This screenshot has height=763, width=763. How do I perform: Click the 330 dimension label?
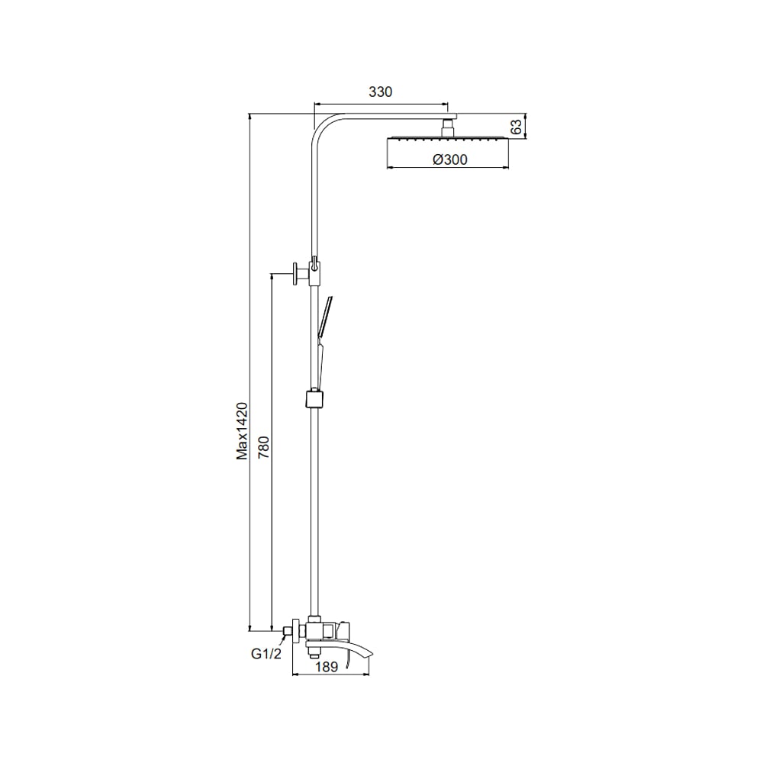pos(380,92)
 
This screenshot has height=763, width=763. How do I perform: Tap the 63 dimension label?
pos(517,127)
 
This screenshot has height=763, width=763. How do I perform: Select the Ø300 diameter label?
pos(450,159)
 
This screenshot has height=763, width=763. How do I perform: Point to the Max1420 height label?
pos(242,430)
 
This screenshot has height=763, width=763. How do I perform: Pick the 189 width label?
pos(327,667)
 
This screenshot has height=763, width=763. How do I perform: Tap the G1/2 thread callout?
pos(266,654)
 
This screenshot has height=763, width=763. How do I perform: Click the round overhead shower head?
pos(448,140)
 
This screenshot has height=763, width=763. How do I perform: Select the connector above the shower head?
pos(448,128)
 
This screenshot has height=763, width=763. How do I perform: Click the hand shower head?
pos(325,317)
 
